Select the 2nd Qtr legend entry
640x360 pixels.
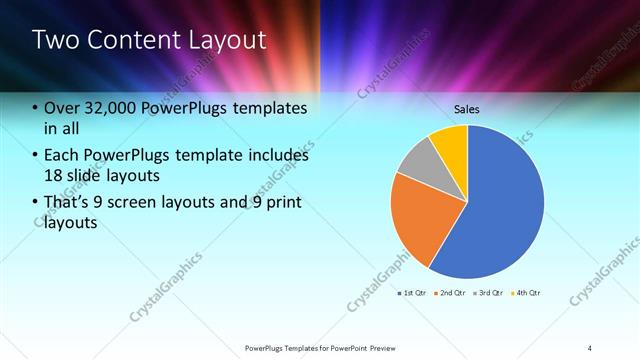tap(452, 293)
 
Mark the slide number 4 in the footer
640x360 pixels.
tap(590, 347)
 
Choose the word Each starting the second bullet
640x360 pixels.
tap(62, 155)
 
